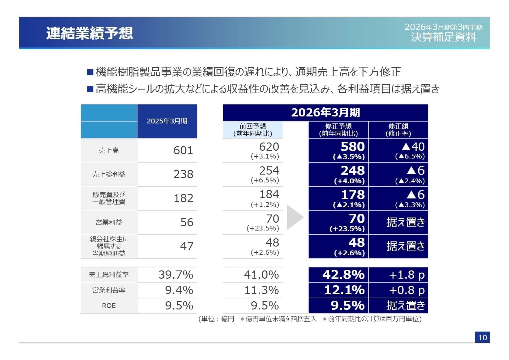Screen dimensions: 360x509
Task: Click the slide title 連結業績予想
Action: click(89, 33)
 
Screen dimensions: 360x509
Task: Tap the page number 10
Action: click(482, 338)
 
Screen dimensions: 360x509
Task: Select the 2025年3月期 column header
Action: click(167, 121)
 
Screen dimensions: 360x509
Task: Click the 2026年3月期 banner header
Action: click(325, 113)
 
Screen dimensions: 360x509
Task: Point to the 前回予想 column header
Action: click(253, 130)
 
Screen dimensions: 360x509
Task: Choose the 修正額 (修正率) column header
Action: click(398, 130)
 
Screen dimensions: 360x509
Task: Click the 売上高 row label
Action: click(109, 150)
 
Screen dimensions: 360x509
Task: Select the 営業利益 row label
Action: click(109, 222)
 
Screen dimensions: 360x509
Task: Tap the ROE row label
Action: click(109, 306)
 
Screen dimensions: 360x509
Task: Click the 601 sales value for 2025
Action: click(183, 150)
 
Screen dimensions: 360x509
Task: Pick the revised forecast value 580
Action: click(352, 147)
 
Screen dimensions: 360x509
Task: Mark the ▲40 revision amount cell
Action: click(413, 147)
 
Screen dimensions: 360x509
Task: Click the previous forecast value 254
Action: click(269, 171)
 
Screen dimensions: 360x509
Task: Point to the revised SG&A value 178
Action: click(352, 195)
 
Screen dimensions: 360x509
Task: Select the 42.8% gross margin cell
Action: click(343, 275)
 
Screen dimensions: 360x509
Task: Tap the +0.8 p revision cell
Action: click(407, 290)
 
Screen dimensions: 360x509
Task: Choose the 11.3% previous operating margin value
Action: click(261, 290)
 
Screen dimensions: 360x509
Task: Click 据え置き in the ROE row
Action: click(405, 306)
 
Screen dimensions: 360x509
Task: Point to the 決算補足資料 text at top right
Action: click(443, 37)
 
